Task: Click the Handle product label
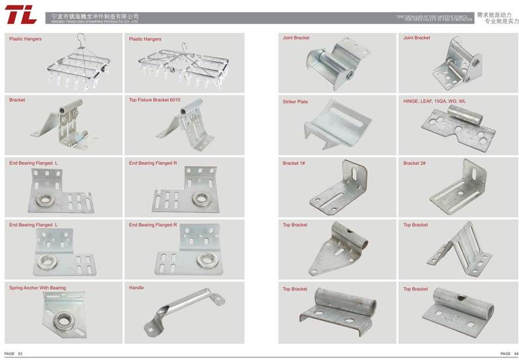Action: tap(136, 288)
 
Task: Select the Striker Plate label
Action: tap(295, 101)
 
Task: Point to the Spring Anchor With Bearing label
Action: tap(38, 288)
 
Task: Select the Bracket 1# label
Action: tap(294, 163)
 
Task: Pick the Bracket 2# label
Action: tap(414, 163)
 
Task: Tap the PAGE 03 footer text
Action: tap(14, 354)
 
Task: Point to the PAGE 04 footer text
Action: tap(508, 354)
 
